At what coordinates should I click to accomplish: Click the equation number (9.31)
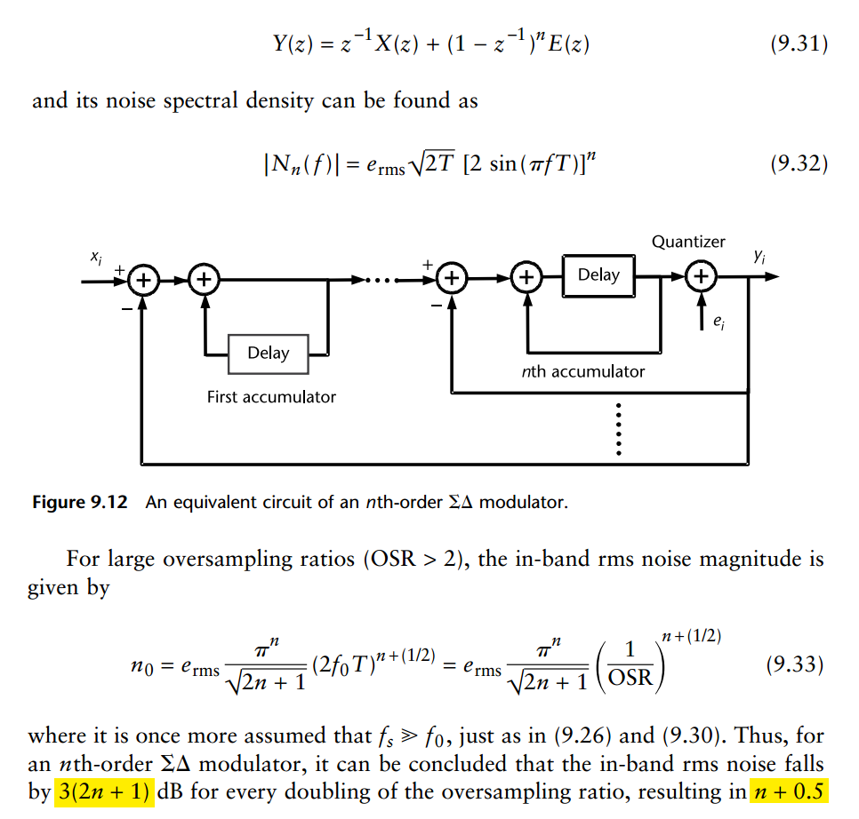[x=798, y=44]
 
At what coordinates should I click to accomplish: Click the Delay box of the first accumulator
[x=269, y=353]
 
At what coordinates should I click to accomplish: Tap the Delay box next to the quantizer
[x=598, y=274]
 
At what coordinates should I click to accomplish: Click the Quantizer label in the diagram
[x=688, y=242]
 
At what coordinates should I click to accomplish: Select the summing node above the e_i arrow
[x=702, y=279]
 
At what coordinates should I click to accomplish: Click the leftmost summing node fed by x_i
[x=142, y=280]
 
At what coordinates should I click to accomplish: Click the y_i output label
[x=759, y=257]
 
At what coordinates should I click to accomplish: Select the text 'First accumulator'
[x=271, y=397]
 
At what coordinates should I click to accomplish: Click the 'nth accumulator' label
[x=582, y=371]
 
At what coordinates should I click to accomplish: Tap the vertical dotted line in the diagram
[x=619, y=430]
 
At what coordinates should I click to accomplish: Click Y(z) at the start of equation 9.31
[x=293, y=44]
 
